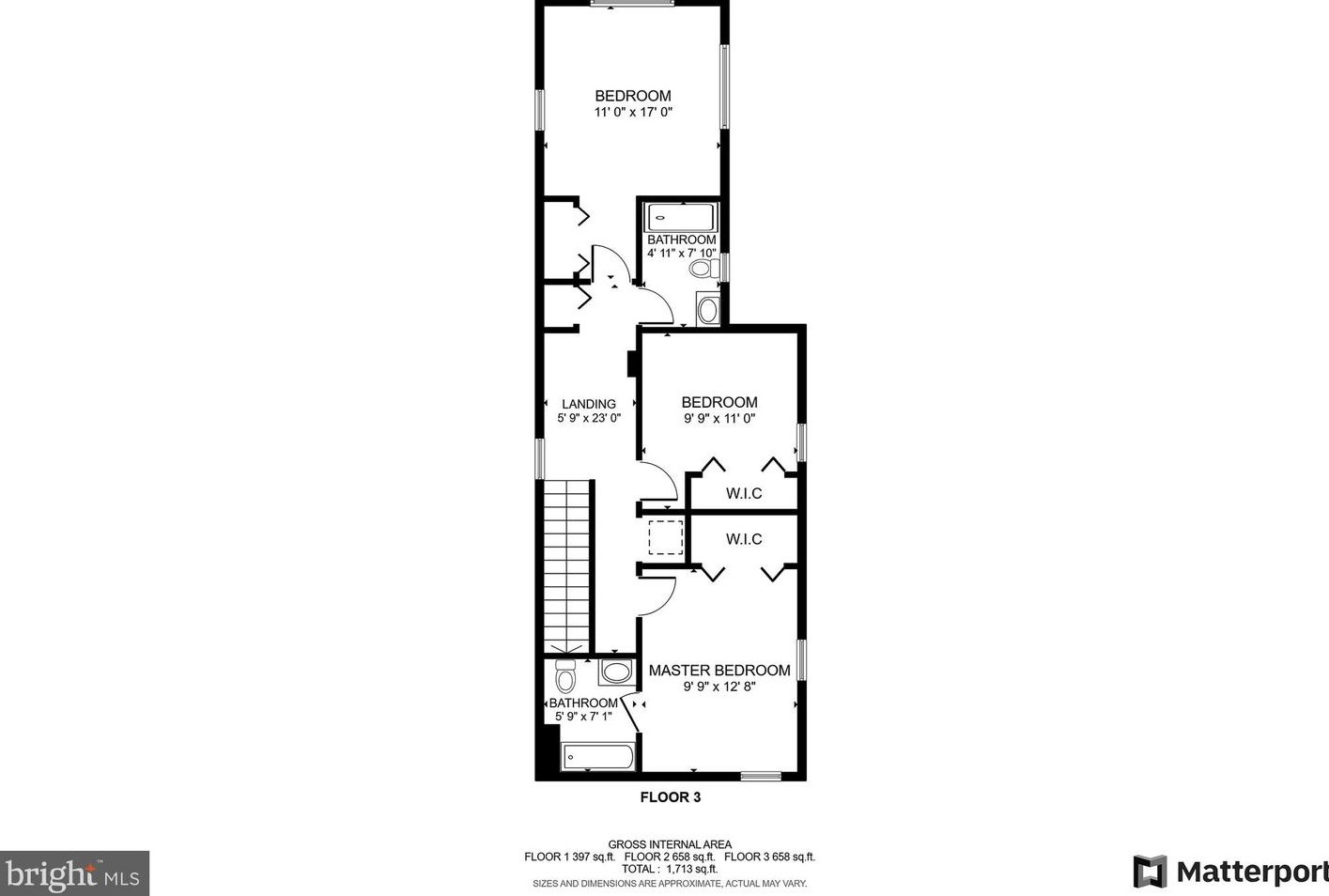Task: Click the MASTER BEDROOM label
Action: point(719,671)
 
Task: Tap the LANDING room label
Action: point(589,404)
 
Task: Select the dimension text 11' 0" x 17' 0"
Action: point(633,112)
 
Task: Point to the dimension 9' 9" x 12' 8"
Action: point(719,687)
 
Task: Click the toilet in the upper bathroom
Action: point(703,269)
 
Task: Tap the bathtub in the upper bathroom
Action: point(681,218)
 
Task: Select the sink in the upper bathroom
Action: point(708,310)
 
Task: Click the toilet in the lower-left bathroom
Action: point(564,675)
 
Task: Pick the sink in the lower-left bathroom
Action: point(616,672)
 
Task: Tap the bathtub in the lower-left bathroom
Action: point(597,757)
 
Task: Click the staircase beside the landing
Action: point(568,564)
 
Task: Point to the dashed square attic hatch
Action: point(665,537)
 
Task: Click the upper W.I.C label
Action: point(744,493)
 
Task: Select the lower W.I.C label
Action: point(744,539)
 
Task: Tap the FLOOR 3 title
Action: point(670,797)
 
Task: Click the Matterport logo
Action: point(1230,872)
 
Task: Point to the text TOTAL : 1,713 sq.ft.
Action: point(670,869)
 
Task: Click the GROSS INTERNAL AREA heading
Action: point(670,844)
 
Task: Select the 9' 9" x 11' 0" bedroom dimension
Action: point(719,419)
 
